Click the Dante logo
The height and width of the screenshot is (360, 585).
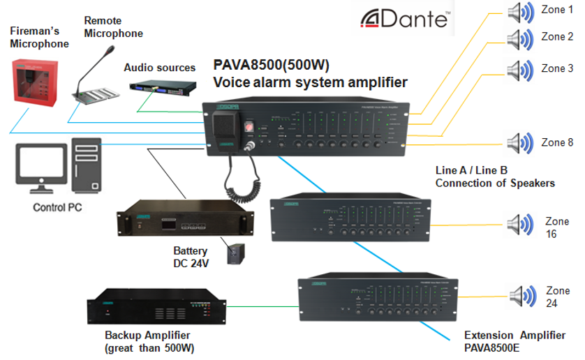tap(404, 18)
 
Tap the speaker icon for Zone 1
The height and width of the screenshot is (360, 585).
tap(521, 13)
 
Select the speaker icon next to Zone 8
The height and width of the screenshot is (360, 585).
tap(521, 143)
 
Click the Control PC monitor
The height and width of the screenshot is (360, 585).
tap(40, 168)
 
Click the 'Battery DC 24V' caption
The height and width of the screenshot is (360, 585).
tap(191, 256)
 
